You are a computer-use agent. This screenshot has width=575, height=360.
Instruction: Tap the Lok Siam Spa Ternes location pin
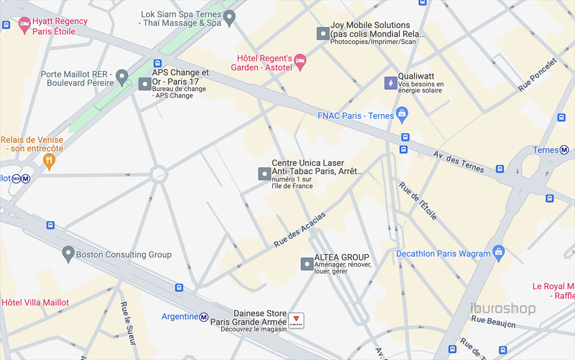click(229, 19)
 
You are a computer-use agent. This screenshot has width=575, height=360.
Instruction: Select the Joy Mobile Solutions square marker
click(322, 34)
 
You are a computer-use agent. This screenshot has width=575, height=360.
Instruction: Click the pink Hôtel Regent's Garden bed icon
click(300, 61)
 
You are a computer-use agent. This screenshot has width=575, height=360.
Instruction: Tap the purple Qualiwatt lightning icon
click(390, 83)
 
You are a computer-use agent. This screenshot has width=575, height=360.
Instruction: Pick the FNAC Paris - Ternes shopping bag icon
click(401, 115)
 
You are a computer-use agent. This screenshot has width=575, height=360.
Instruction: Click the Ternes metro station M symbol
click(564, 150)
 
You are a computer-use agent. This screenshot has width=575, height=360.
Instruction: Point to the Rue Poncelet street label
click(537, 76)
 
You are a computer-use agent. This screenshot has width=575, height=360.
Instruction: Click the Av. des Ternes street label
click(458, 162)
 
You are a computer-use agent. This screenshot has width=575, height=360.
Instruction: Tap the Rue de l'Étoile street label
click(418, 201)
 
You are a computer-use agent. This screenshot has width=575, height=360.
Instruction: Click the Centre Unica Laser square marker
click(264, 174)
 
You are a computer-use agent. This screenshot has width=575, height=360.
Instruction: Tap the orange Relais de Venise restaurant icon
click(49, 161)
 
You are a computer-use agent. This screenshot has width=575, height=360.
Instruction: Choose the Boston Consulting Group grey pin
click(69, 254)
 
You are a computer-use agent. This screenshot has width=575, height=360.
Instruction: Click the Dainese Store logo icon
click(296, 321)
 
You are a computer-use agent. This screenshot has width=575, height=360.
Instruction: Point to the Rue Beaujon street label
click(493, 322)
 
